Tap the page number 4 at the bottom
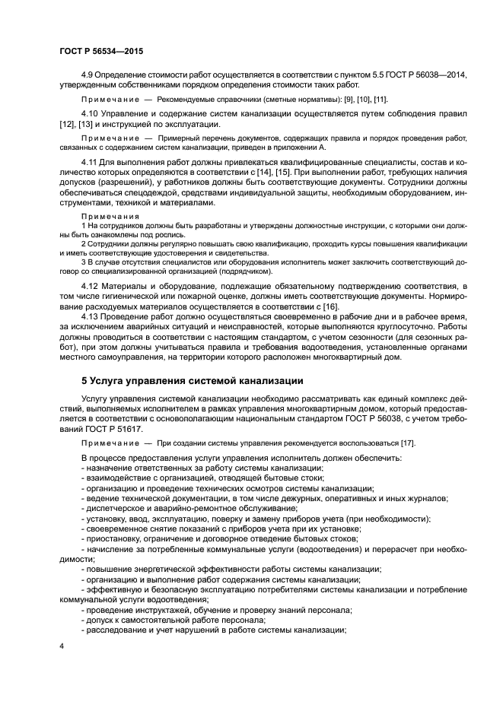click(60, 646)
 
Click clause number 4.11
click(90, 163)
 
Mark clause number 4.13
click(90, 315)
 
